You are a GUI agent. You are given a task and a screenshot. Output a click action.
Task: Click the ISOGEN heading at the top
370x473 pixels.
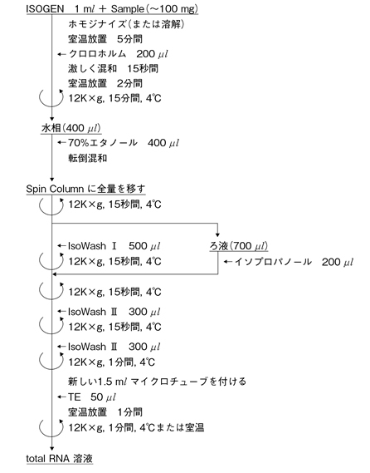pos(45,9)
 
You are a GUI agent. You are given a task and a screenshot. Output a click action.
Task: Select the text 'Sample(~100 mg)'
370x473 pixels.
pos(154,9)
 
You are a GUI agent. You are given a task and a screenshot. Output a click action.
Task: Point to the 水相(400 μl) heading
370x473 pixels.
pos(71,128)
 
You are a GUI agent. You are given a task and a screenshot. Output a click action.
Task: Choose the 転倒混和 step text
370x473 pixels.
pos(88,158)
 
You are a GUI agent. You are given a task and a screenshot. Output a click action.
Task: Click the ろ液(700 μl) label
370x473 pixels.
pos(239,246)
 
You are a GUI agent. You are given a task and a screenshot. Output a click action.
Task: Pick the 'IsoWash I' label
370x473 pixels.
pos(92,246)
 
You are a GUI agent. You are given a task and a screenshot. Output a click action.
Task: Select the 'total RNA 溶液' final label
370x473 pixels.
pos(59,459)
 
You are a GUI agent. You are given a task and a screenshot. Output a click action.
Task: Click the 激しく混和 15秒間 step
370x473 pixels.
pos(113,68)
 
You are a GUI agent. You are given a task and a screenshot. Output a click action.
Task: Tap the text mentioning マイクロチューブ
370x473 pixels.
pos(157,382)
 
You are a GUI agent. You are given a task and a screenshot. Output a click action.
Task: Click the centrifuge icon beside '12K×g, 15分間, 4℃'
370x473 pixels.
pos(51,99)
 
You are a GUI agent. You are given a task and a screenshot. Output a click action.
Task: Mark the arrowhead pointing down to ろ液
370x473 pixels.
pos(217,235)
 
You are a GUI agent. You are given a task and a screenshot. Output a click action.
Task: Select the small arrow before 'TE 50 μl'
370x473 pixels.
pos(61,397)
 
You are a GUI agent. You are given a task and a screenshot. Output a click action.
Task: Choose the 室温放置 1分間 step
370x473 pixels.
pos(105,411)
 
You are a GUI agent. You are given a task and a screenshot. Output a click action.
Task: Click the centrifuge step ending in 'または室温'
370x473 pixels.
pos(136,427)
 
